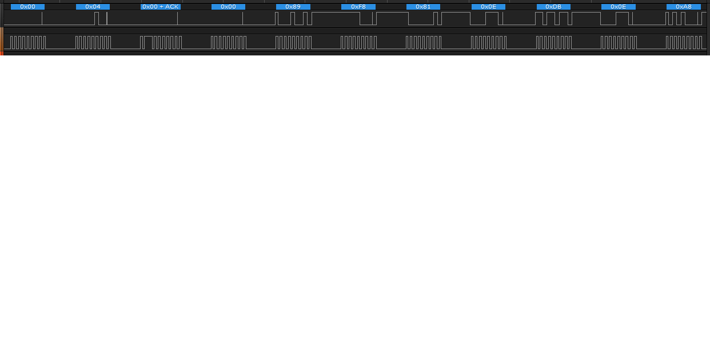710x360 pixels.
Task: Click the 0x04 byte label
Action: point(93,7)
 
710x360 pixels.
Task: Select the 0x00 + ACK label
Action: point(161,7)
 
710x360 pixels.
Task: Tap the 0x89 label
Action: point(293,7)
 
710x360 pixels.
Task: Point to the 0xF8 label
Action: point(358,7)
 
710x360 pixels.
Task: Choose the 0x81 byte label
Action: point(423,7)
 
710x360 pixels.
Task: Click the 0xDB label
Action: point(553,7)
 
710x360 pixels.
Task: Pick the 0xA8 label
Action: point(683,7)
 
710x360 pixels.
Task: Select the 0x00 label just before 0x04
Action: point(27,7)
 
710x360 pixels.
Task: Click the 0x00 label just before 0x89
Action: point(228,7)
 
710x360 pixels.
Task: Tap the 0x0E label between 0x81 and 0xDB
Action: point(488,7)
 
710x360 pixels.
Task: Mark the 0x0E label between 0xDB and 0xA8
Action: point(618,7)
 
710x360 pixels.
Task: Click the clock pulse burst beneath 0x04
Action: point(93,42)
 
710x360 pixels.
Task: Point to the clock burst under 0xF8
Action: point(358,42)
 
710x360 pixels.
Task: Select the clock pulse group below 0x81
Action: point(424,42)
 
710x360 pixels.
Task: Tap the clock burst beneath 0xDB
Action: point(554,42)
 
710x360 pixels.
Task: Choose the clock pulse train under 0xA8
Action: point(684,42)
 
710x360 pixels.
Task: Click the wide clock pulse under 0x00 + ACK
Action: point(149,42)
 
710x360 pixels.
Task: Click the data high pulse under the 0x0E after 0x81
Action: point(492,18)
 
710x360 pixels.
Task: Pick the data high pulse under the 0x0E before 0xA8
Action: point(622,18)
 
